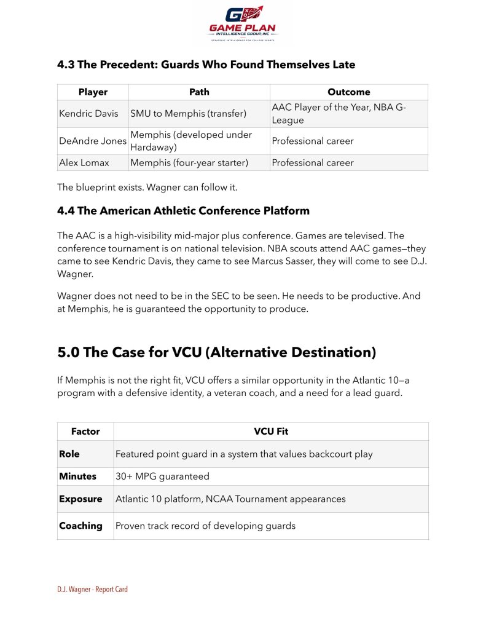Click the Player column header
(93, 92)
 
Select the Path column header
(199, 92)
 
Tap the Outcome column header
(348, 92)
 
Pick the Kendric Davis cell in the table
(88, 114)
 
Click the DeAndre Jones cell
(93, 141)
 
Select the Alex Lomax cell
(84, 162)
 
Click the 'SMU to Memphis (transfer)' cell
(188, 114)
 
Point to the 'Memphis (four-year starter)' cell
(190, 162)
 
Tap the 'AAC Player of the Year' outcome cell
(339, 114)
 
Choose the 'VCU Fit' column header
(271, 432)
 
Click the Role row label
(69, 454)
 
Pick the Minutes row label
(77, 477)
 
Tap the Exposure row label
(80, 499)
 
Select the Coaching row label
(80, 526)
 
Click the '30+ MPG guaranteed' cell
(162, 477)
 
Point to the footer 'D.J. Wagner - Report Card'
(92, 590)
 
